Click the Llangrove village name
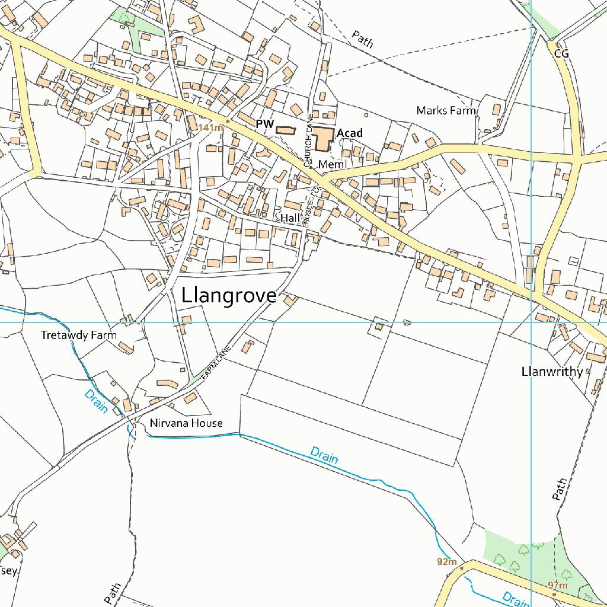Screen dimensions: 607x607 coord(229,296)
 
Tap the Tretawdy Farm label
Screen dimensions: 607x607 coord(79,336)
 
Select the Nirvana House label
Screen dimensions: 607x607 coord(186,423)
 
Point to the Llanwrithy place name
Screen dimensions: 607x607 coord(552,372)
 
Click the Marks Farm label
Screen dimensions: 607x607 coord(446,110)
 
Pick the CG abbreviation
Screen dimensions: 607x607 coord(561,54)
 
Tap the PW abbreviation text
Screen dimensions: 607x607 coord(264,124)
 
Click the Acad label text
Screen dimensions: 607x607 coord(349,133)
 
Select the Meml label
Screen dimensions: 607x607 coord(331,164)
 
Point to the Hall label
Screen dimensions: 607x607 coord(290,218)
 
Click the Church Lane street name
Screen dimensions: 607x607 coord(308,139)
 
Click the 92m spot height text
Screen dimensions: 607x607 coord(447,561)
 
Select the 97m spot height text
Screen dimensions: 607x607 coord(558,586)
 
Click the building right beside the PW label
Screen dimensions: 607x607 coord(285,130)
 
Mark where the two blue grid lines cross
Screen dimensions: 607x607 coord(531,322)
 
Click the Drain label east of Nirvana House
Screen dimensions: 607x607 coord(324,456)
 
